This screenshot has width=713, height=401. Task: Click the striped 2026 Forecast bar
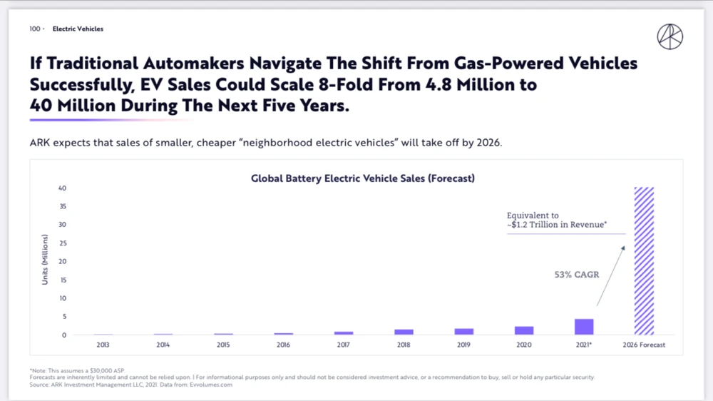(x=644, y=261)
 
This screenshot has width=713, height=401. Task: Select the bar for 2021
(x=584, y=327)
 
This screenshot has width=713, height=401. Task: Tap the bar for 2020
(x=524, y=330)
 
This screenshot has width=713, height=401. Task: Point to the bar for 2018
(x=404, y=332)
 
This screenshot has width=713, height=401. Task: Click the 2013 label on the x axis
(x=103, y=345)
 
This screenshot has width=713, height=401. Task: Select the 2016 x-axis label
(x=284, y=345)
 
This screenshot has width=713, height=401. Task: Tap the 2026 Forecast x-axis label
(x=644, y=345)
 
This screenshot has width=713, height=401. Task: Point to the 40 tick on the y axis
(x=63, y=188)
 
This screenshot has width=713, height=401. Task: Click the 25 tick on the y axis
(x=63, y=243)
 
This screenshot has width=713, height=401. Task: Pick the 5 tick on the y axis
(x=64, y=317)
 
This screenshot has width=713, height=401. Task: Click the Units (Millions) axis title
(x=45, y=260)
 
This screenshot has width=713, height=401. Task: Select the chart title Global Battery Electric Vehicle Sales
(x=362, y=178)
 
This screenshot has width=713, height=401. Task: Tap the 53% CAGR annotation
(x=577, y=275)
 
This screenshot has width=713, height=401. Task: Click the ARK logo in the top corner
(x=670, y=36)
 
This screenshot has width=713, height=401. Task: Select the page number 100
(x=35, y=29)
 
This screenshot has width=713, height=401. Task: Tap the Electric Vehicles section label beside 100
(x=78, y=29)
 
